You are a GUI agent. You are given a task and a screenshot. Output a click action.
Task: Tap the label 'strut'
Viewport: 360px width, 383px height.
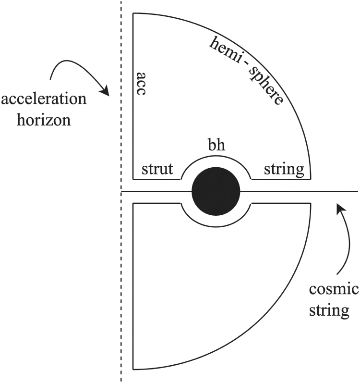157,170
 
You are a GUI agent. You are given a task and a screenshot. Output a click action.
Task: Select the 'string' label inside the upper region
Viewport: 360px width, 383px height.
284,170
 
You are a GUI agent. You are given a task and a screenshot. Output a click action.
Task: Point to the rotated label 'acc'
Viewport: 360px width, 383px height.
141,85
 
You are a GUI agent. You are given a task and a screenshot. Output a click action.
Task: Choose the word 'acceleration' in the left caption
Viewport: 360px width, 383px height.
44,100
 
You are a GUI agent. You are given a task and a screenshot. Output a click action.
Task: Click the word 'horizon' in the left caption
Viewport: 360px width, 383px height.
44,119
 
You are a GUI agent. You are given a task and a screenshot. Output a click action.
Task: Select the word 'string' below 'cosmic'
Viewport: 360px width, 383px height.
335,309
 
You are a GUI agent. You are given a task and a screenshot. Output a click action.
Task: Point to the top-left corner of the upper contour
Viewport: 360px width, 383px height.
133,13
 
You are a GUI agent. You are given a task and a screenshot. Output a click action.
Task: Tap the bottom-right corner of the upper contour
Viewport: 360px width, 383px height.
311,179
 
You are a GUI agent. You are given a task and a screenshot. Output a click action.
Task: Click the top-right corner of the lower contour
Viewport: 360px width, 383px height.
311,204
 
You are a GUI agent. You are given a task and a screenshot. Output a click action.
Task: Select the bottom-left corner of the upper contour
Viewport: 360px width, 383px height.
133,179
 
